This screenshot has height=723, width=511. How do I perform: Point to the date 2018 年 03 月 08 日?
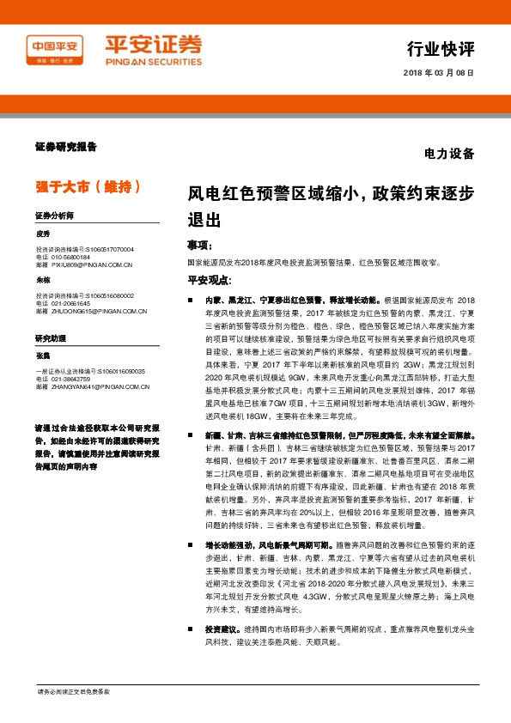(x=438, y=73)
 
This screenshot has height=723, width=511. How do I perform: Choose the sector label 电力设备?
(x=449, y=155)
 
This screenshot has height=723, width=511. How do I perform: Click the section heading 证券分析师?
(x=55, y=216)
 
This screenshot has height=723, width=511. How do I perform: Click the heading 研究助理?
(x=51, y=340)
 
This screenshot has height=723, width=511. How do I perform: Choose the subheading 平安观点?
(x=210, y=280)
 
